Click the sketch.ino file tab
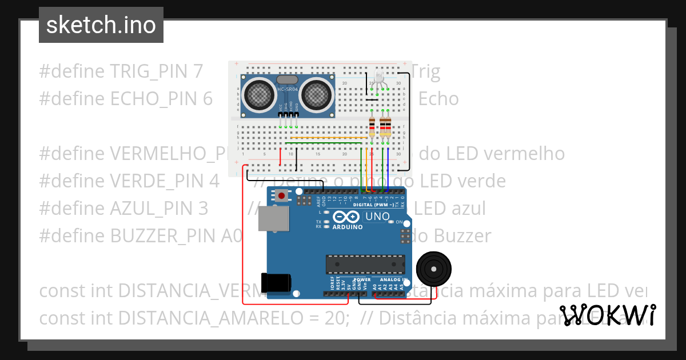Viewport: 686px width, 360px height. pyautogui.click(x=101, y=25)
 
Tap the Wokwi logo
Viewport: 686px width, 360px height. pyautogui.click(x=607, y=315)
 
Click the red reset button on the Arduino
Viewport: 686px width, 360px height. pyautogui.click(x=281, y=196)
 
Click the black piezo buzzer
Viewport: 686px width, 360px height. pyautogui.click(x=433, y=267)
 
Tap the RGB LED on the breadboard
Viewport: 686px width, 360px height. pyautogui.click(x=380, y=77)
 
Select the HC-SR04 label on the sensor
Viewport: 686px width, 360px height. pyautogui.click(x=288, y=89)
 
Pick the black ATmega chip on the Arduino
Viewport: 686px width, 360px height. pyautogui.click(x=365, y=264)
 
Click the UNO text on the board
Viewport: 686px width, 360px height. pyautogui.click(x=377, y=217)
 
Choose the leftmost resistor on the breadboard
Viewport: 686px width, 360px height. pyautogui.click(x=372, y=125)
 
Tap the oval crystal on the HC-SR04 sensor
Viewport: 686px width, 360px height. pyautogui.click(x=287, y=81)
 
